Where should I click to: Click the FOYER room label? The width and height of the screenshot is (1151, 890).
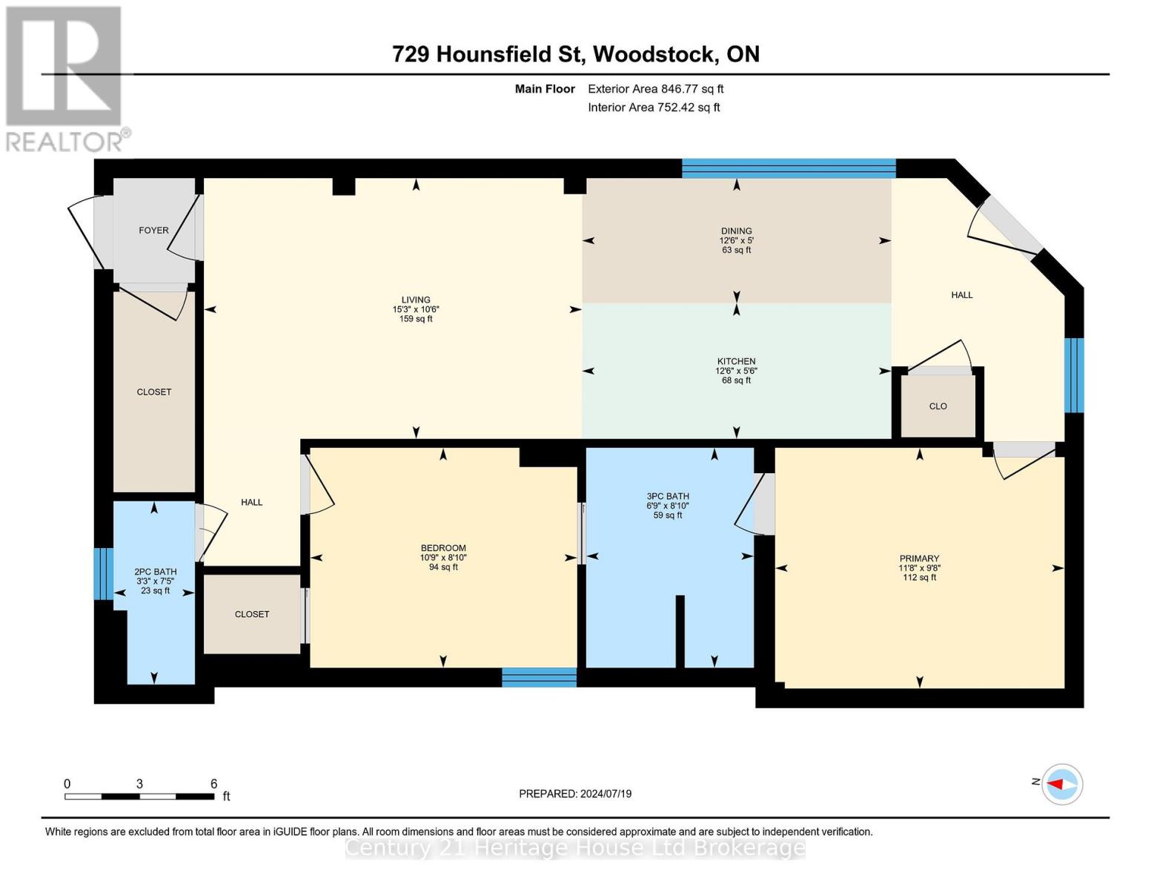click(153, 230)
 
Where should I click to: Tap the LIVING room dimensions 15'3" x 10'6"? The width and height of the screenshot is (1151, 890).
click(416, 309)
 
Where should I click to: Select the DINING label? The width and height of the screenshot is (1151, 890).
click(736, 231)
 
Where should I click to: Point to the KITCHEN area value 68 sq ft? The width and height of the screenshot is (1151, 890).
click(736, 380)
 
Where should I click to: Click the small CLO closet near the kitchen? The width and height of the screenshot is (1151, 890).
click(938, 406)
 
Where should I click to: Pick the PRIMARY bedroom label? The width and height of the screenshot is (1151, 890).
click(919, 558)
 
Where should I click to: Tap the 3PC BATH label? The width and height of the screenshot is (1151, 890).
click(667, 496)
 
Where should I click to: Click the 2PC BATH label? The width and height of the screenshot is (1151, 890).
click(155, 571)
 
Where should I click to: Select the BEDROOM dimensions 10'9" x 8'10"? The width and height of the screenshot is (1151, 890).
click(443, 558)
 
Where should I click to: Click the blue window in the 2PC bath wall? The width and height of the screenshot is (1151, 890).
click(103, 573)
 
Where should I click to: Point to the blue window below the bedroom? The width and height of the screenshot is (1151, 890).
click(540, 677)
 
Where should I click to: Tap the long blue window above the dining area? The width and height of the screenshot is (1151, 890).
click(789, 168)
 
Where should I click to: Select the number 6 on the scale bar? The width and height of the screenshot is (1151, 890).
click(214, 783)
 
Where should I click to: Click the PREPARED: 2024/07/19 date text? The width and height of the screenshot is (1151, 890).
click(575, 794)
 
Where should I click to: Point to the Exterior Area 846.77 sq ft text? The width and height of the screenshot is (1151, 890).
click(656, 89)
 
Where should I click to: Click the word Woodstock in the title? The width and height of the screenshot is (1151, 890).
click(653, 54)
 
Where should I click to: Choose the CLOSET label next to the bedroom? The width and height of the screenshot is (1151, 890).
click(252, 614)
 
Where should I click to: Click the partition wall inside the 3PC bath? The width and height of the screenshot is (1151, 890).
click(680, 631)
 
